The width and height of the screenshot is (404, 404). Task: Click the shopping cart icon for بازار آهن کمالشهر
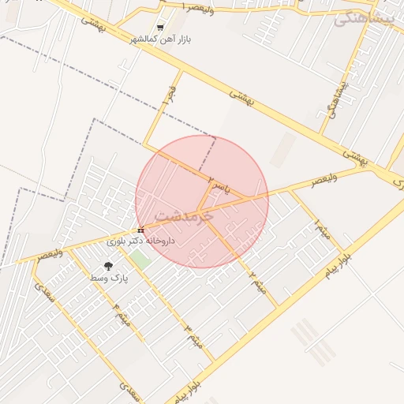(x=160, y=28)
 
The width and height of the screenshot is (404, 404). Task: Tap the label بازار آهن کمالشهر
(x=161, y=39)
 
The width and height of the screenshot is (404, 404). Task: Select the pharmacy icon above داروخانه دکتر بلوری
(x=140, y=230)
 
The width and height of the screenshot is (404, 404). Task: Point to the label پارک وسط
(x=108, y=278)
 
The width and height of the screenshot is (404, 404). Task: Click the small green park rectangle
(x=140, y=258)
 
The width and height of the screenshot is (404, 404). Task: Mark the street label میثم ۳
(x=193, y=335)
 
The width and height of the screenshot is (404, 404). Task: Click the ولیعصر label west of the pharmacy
(x=49, y=255)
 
